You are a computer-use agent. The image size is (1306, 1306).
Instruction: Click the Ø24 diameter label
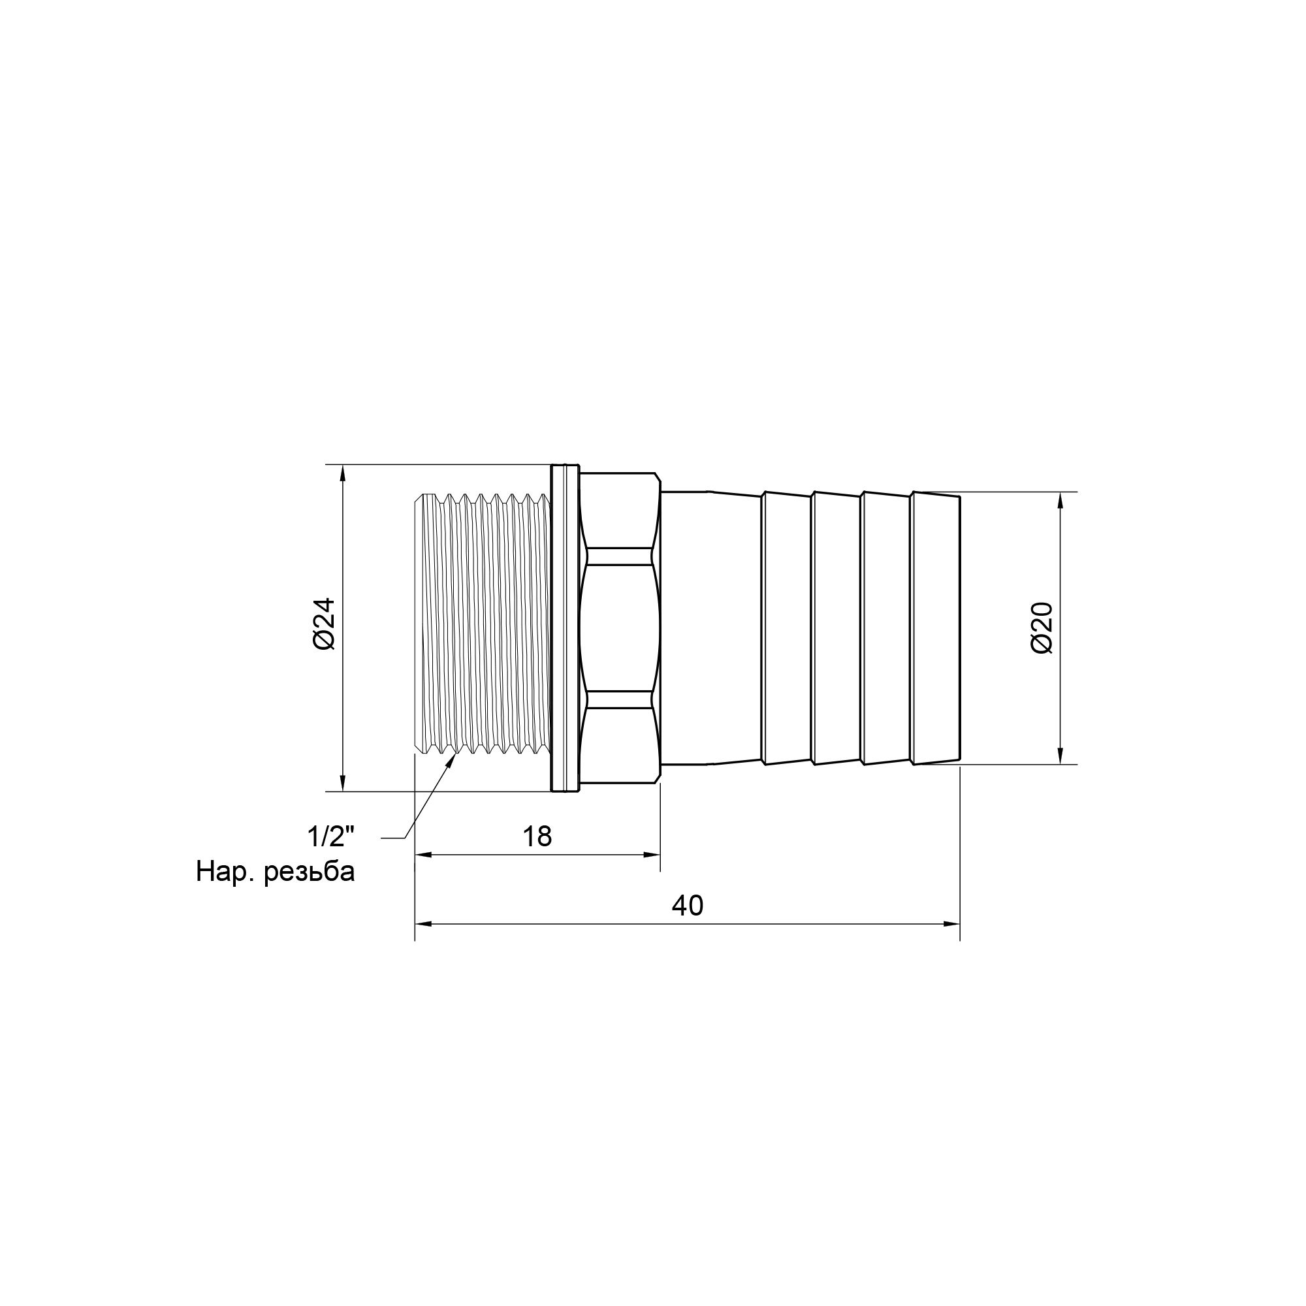click(x=324, y=624)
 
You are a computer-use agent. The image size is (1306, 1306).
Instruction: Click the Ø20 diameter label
click(x=1042, y=627)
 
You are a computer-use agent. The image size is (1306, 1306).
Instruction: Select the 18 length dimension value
click(x=537, y=837)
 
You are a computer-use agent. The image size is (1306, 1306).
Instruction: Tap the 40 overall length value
click(x=688, y=905)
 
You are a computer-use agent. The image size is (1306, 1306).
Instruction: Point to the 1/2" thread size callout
click(x=330, y=838)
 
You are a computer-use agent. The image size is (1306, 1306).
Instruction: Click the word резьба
click(x=310, y=872)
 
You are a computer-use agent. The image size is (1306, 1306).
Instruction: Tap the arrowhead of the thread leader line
click(x=452, y=760)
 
